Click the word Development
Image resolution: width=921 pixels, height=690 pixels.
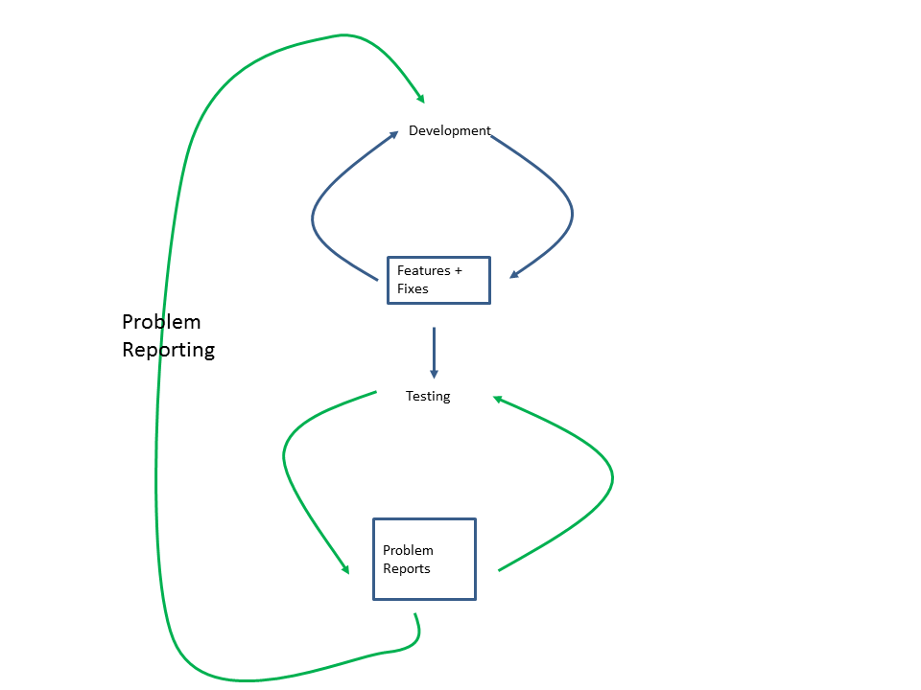[x=449, y=131]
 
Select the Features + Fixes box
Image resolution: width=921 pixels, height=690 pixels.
[x=438, y=280]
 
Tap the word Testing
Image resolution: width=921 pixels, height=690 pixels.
[x=428, y=397]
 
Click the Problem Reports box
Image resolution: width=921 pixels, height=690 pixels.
[x=424, y=560]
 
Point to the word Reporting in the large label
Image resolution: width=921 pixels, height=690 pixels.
[x=168, y=350]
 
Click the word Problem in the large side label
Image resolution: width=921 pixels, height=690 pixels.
[x=161, y=322]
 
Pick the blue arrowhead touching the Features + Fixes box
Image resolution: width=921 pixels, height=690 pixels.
[x=514, y=274]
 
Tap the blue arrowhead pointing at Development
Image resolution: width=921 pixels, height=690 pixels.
[x=393, y=135]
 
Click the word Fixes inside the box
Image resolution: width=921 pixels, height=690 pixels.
[x=413, y=289]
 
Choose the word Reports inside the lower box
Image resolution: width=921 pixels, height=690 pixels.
[x=407, y=569]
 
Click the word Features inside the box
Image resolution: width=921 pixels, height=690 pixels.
[x=424, y=271]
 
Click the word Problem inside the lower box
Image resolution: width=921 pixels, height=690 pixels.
[x=408, y=551]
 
